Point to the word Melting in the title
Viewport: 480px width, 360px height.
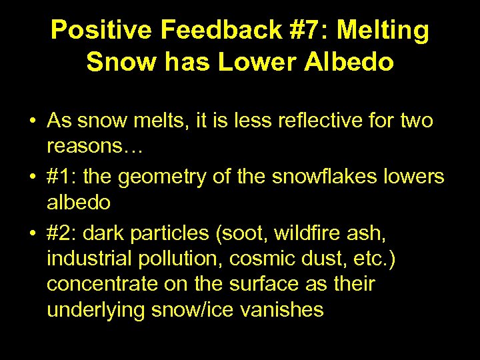pyautogui.click(x=385, y=31)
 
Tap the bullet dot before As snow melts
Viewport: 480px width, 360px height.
pyautogui.click(x=33, y=122)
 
